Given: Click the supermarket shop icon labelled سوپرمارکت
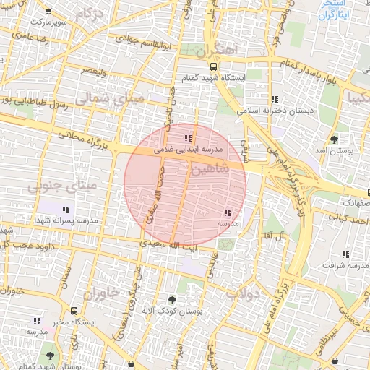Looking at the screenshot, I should [x=48, y=12].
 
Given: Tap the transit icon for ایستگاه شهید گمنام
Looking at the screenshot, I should [x=212, y=64].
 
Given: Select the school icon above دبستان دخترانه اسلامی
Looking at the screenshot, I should [x=274, y=99].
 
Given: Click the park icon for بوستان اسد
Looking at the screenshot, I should [x=333, y=139].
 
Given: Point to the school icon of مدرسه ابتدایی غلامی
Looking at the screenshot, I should [x=188, y=137].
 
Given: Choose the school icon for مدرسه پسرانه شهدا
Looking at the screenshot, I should [x=66, y=209].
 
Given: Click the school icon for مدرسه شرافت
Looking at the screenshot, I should [x=345, y=254].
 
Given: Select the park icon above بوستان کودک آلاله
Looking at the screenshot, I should [x=172, y=299].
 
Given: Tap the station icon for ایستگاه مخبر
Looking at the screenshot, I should [x=74, y=311].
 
